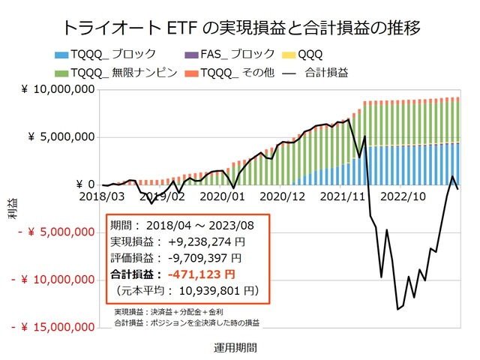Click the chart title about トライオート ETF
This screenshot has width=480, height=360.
point(239,28)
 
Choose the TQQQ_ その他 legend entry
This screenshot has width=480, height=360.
point(242,73)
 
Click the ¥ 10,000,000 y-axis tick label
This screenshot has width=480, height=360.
point(58,90)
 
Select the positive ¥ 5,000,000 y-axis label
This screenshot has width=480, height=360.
point(62,137)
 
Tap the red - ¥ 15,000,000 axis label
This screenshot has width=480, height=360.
point(55,328)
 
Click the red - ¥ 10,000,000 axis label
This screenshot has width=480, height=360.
point(55,280)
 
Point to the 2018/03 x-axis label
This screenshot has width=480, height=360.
point(101,196)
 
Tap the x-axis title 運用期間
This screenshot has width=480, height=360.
point(233,348)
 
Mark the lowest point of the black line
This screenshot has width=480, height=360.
point(397,309)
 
